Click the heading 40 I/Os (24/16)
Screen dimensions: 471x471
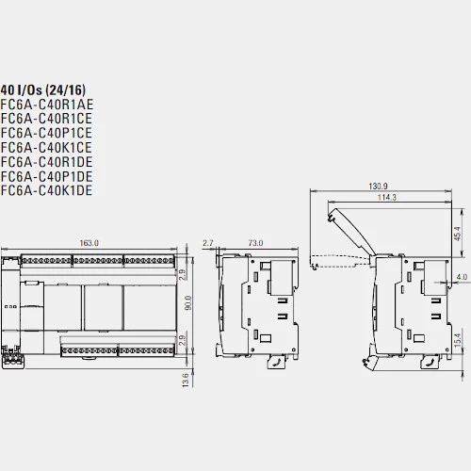pos(43,90)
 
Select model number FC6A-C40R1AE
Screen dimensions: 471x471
pos(47,105)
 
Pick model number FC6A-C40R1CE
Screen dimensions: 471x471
pos(46,119)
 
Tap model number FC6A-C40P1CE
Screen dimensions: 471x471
pos(46,133)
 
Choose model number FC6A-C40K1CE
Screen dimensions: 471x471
pos(46,147)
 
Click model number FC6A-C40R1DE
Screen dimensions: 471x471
pos(46,162)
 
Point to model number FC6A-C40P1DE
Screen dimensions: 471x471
pos(46,176)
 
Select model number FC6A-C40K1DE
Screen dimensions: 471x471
pos(46,190)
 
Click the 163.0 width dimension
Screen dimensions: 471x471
pos(89,243)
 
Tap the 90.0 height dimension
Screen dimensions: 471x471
pos(188,302)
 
